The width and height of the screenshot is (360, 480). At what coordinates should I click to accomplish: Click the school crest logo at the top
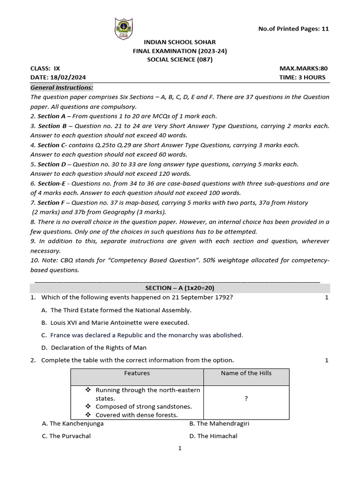click(x=124, y=29)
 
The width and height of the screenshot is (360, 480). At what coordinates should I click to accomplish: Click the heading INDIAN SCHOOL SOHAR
click(x=180, y=42)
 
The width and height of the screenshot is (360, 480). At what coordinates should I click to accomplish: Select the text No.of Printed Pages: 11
click(x=293, y=29)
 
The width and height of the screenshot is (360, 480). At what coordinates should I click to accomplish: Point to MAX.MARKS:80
click(x=304, y=68)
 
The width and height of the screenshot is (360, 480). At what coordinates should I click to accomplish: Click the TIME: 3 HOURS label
click(x=302, y=77)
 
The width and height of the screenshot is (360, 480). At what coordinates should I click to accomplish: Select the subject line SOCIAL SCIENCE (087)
click(x=180, y=60)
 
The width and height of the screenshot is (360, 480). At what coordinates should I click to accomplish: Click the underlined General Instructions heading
click(x=62, y=88)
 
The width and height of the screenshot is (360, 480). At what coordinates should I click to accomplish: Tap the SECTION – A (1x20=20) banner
click(x=180, y=288)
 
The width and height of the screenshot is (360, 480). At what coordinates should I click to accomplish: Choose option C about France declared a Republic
click(x=146, y=335)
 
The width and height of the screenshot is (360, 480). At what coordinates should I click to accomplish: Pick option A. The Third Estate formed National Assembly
click(x=120, y=310)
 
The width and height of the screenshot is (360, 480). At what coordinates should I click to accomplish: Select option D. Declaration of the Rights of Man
click(x=98, y=347)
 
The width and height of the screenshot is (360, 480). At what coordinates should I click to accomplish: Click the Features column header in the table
click(x=137, y=373)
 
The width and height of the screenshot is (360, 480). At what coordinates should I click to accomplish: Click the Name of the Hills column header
click(x=246, y=373)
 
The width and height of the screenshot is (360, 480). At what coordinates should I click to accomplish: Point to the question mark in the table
click(x=246, y=398)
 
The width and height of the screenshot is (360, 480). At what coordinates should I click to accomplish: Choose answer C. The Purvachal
click(x=66, y=436)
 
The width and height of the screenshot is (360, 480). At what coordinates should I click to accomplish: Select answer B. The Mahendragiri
click(x=219, y=423)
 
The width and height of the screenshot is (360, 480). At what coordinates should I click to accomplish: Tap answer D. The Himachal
click(x=213, y=436)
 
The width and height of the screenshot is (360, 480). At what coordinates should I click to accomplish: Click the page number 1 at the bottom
click(x=180, y=449)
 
